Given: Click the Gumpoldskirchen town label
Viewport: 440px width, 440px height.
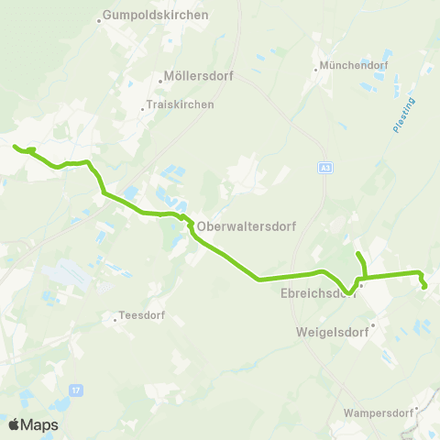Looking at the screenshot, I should pos(157,16).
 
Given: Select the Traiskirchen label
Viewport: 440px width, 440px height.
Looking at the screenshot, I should pos(181,104).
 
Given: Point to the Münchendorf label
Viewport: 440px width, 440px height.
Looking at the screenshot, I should pos(354,66).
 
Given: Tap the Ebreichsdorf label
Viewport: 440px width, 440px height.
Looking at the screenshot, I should pos(317,294).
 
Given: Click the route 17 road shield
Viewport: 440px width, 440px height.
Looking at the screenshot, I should pos(76,390).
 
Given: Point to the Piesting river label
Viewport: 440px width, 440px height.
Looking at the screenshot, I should pos(403,115).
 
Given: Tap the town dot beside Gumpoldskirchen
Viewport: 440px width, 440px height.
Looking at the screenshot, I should pos(100,16).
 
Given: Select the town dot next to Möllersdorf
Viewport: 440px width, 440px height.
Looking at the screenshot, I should pos(159,78).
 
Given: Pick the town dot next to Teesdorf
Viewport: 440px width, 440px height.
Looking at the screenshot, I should pos(115,319).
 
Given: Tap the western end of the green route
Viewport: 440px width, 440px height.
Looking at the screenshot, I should pos(15,147).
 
